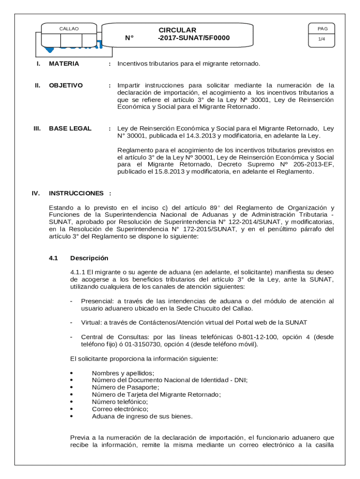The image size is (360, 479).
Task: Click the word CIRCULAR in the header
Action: coord(177,30)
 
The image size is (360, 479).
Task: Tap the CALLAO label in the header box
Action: coord(69,29)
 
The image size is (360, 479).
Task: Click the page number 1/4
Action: coord(322,39)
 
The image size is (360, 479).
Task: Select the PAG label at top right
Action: coord(322,29)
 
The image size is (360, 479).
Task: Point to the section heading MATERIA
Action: coord(64,64)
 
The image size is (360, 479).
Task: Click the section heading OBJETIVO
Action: coord(65,86)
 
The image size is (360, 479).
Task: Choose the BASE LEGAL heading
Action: coord(70,129)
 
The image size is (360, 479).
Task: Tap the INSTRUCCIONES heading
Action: coord(76,193)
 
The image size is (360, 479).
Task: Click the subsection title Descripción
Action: coord(89,258)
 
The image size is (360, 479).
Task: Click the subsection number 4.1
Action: coord(53,258)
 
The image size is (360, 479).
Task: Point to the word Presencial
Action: coord(97,301)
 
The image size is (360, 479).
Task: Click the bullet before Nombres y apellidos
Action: coord(72,373)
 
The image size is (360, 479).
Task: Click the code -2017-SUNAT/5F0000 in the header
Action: coord(194,38)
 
